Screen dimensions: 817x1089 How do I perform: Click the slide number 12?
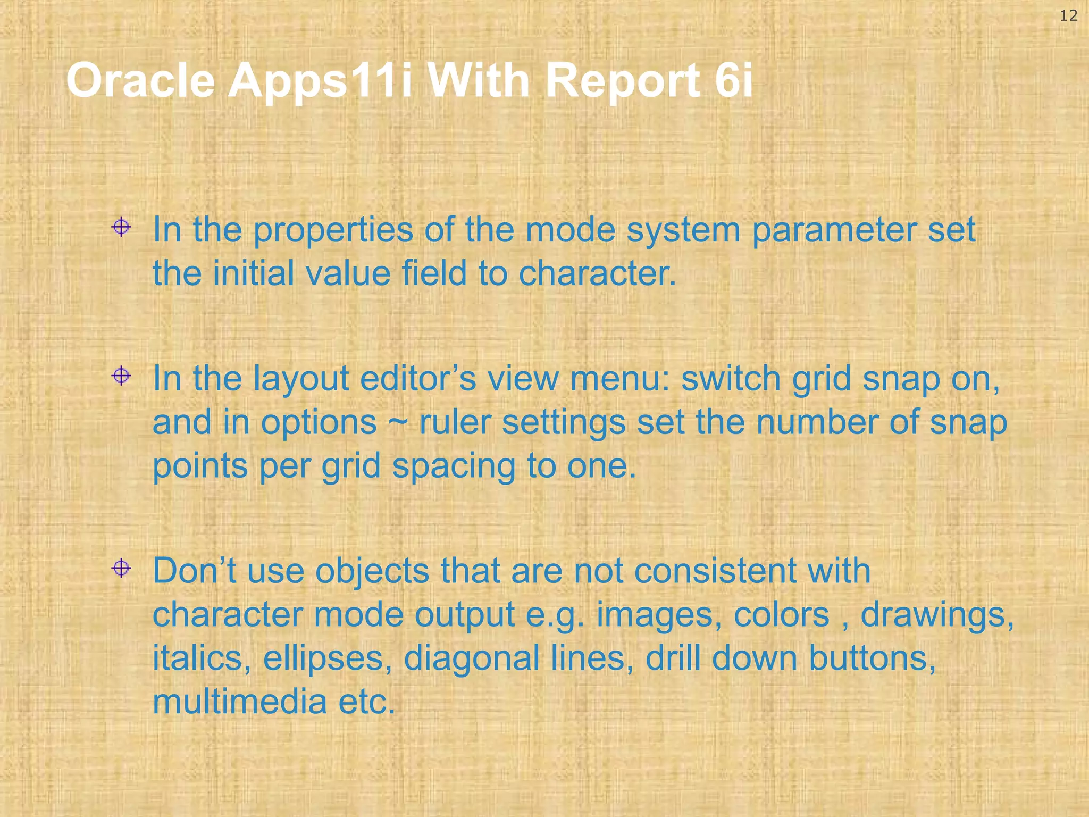tap(1068, 16)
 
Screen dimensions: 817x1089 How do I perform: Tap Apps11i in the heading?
tap(320, 81)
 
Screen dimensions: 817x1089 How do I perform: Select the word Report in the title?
tap(622, 81)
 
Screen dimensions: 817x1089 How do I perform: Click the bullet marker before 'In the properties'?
tap(121, 228)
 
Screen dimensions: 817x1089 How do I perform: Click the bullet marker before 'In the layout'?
tap(121, 376)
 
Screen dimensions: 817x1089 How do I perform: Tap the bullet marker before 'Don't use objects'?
tap(121, 568)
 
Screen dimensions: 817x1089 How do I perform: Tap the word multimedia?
tap(239, 702)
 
